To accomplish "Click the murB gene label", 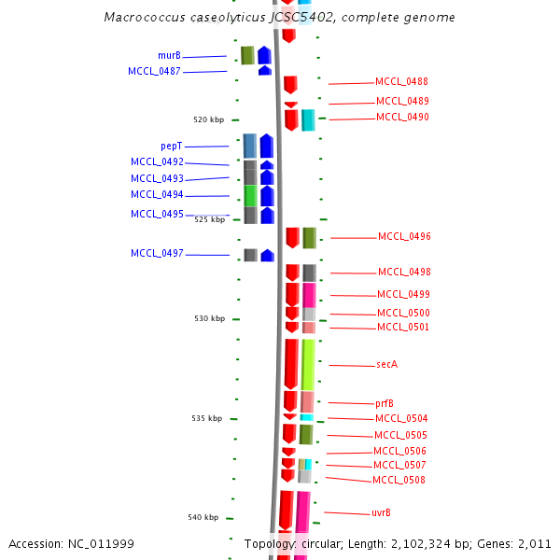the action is click(x=169, y=56).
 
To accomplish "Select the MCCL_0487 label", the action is click(x=154, y=72).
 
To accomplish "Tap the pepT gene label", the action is click(x=171, y=147).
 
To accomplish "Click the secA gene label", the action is click(x=386, y=364).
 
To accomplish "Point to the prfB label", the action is click(x=384, y=403).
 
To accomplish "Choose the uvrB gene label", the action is click(x=381, y=512).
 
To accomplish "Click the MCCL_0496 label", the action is click(x=404, y=237).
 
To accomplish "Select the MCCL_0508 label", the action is click(x=399, y=480).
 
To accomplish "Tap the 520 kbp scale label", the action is click(x=208, y=119).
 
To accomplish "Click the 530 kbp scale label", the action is click(x=209, y=318).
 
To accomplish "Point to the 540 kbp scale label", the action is click(x=203, y=517).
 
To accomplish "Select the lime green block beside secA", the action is click(x=308, y=364).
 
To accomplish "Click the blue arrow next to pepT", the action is click(x=267, y=146).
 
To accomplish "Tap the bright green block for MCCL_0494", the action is click(x=250, y=195).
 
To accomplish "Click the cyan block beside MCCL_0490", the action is click(x=308, y=119).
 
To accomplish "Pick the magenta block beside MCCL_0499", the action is click(x=309, y=294).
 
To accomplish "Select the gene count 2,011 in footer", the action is click(x=534, y=543).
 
